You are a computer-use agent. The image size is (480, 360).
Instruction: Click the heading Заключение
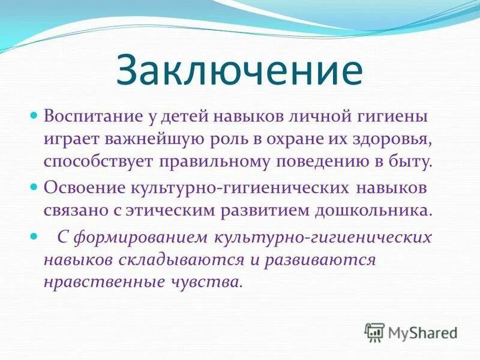point(239,71)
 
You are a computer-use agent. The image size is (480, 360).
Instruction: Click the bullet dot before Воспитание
point(34,113)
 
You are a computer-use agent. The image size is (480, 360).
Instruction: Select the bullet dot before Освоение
point(34,187)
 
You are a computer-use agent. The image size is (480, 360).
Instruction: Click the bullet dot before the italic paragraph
point(34,235)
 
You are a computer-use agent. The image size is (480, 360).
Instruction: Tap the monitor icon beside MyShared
point(374,332)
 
